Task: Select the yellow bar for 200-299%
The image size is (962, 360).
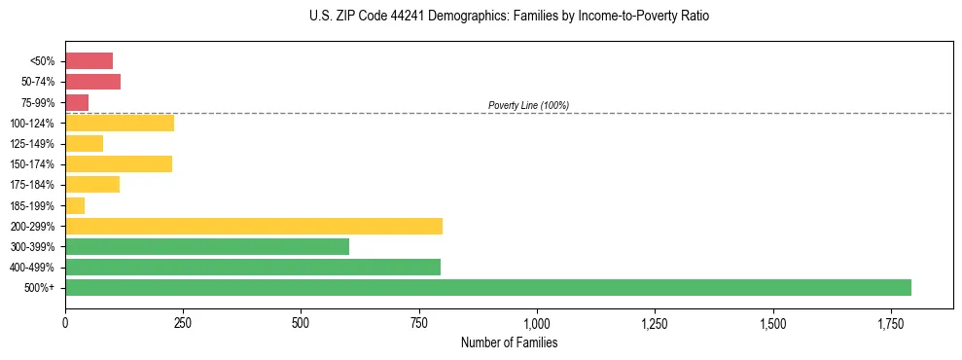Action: point(254,226)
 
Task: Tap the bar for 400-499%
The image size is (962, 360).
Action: point(253,268)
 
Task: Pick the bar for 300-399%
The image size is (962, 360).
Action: point(207,247)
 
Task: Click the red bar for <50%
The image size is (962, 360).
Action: point(89,61)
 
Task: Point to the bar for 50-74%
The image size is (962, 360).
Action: point(92,82)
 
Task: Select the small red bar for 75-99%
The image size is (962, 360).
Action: point(77,102)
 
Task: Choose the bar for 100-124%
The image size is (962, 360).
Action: point(120,124)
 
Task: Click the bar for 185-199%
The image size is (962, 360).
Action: point(75,205)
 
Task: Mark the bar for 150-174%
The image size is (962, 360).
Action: point(119,164)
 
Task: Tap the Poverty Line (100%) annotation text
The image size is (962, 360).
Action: point(528,105)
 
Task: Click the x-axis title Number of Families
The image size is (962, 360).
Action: point(509,343)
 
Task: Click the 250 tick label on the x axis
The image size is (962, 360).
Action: point(183,322)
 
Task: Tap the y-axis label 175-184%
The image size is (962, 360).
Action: point(32,185)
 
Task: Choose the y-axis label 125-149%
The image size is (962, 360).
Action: point(32,144)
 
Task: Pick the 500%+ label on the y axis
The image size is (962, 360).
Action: point(41,288)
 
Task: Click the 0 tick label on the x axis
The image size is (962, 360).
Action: point(65,322)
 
